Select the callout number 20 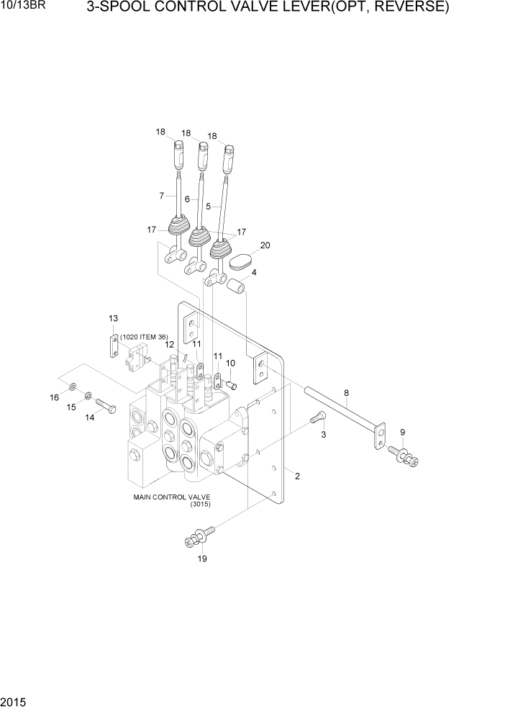[x=265, y=245]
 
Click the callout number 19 [x=203, y=559]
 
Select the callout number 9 [x=403, y=433]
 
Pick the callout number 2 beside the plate [x=296, y=476]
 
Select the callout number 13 [x=113, y=318]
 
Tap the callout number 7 [x=161, y=195]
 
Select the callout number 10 [x=231, y=363]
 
